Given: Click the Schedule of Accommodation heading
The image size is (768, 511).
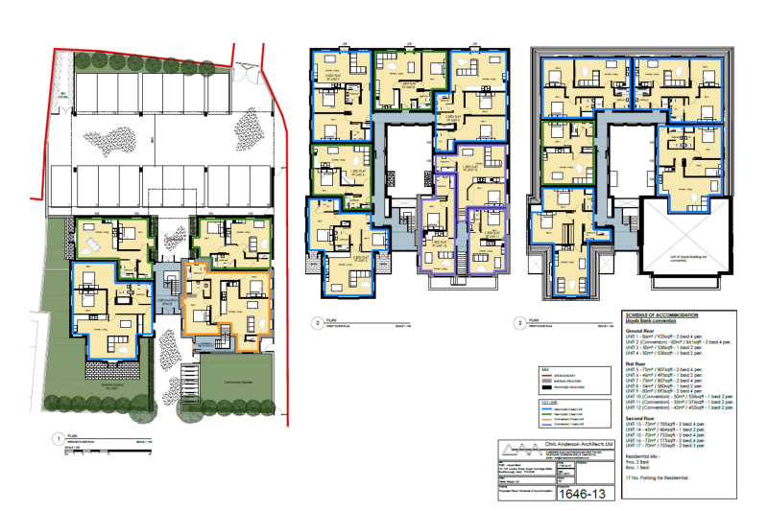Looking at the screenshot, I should (661, 315).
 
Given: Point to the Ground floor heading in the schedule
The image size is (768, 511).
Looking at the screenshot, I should (639, 329).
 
